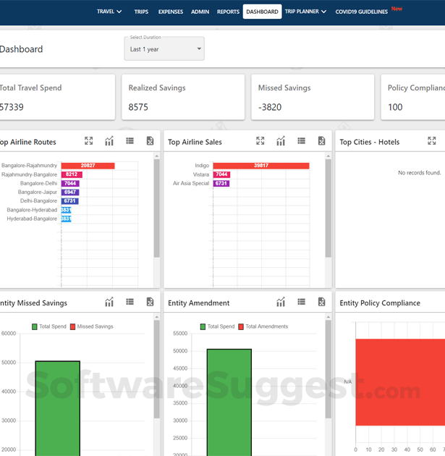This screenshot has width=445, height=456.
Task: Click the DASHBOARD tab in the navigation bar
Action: pos(262,12)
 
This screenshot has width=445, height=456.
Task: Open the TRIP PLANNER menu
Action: pos(305,12)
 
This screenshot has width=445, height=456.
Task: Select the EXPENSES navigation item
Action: pos(170,12)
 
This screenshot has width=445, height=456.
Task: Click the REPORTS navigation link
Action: pos(228,12)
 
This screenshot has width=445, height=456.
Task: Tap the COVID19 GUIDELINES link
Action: pos(363,12)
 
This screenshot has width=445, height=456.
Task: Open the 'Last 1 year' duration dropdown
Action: pos(164,49)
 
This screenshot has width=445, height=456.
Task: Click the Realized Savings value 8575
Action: pos(138,107)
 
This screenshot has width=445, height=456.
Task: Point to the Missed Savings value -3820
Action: pos(270,107)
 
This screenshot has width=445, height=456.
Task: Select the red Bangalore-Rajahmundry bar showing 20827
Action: pos(88,166)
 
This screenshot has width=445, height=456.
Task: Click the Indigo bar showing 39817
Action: pos(260,166)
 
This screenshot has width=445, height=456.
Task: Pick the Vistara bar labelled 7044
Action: pos(221,174)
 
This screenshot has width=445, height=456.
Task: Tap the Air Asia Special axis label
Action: pos(190,184)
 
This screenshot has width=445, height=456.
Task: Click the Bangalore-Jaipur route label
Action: pos(38,193)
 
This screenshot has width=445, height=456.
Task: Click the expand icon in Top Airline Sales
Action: pos(260,141)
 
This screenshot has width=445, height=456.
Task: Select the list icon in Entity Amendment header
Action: pos(301,302)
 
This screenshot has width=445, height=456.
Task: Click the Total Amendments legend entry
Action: pos(262,326)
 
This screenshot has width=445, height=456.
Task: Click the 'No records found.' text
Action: pos(419,173)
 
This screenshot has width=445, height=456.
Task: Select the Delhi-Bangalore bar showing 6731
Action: pos(70,201)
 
